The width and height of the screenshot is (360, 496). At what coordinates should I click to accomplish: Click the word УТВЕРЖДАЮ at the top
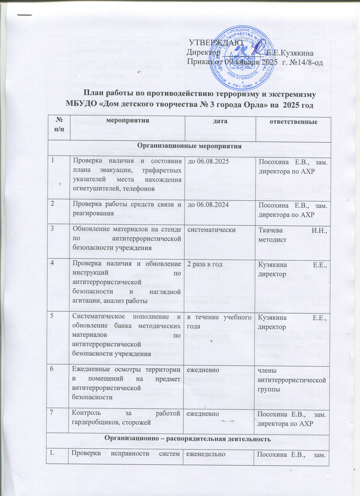click(x=216, y=43)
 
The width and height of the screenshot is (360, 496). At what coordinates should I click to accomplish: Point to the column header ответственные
click(x=293, y=122)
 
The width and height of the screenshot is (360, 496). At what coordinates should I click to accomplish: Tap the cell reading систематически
click(x=211, y=230)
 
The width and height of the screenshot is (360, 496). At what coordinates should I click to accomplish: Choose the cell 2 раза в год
click(x=205, y=265)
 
